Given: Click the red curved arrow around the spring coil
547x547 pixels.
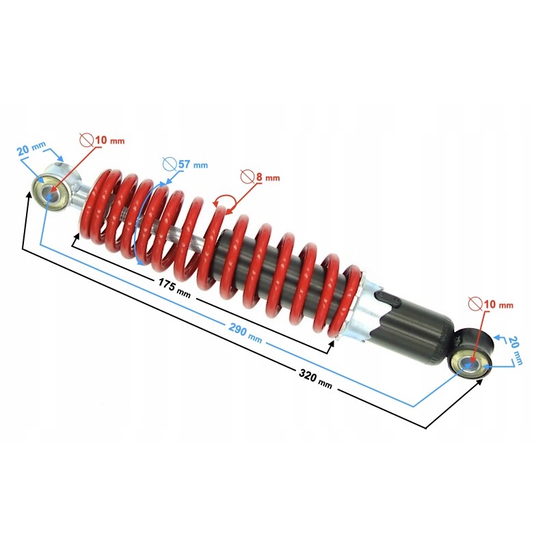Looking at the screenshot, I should (224, 201).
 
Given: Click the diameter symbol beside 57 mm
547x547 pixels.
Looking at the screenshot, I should (170, 163).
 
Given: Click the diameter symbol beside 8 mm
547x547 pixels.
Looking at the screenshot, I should (248, 176).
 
